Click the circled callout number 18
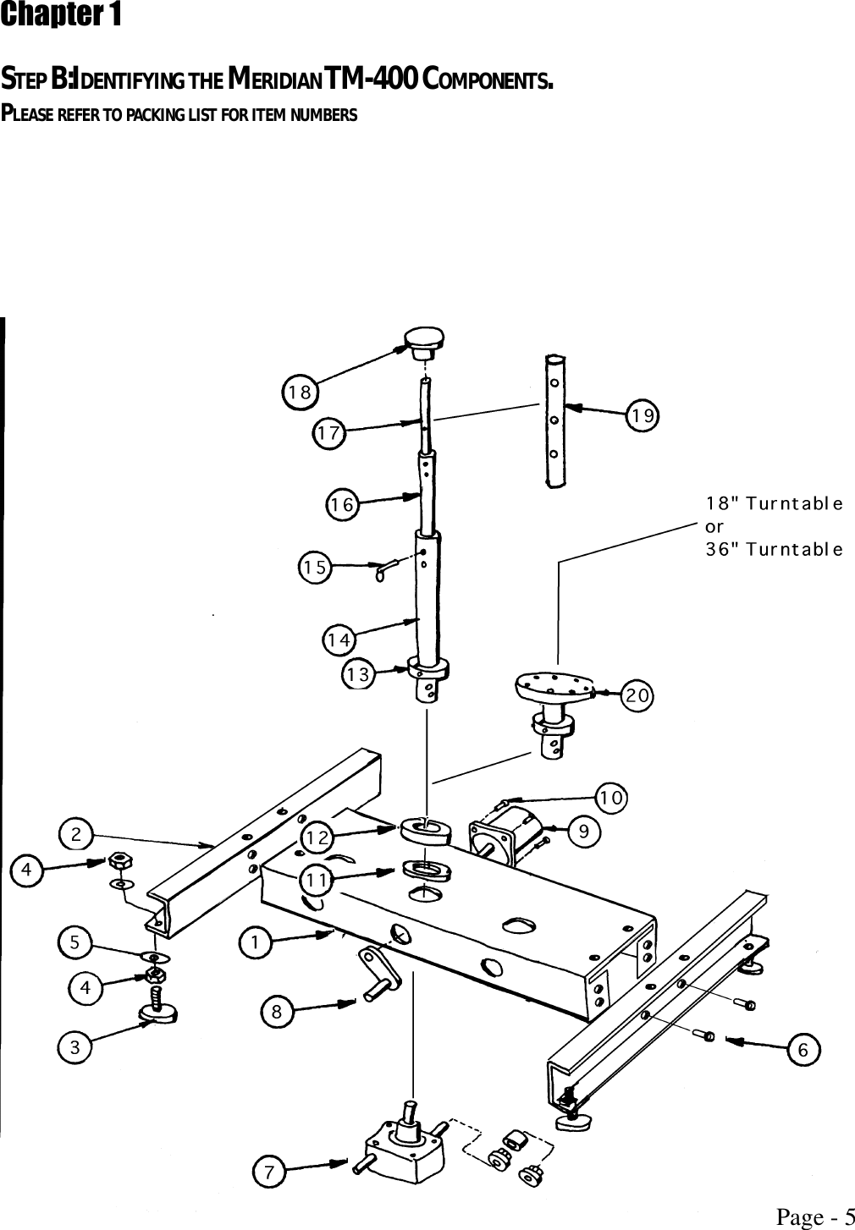[x=299, y=392]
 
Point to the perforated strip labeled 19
[x=554, y=420]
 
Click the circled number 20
[x=637, y=695]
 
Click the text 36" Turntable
[x=774, y=549]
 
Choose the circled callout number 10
[x=611, y=798]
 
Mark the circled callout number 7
[x=269, y=1172]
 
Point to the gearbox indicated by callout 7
[x=409, y=1141]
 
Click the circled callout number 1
[x=255, y=942]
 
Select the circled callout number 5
[x=75, y=942]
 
